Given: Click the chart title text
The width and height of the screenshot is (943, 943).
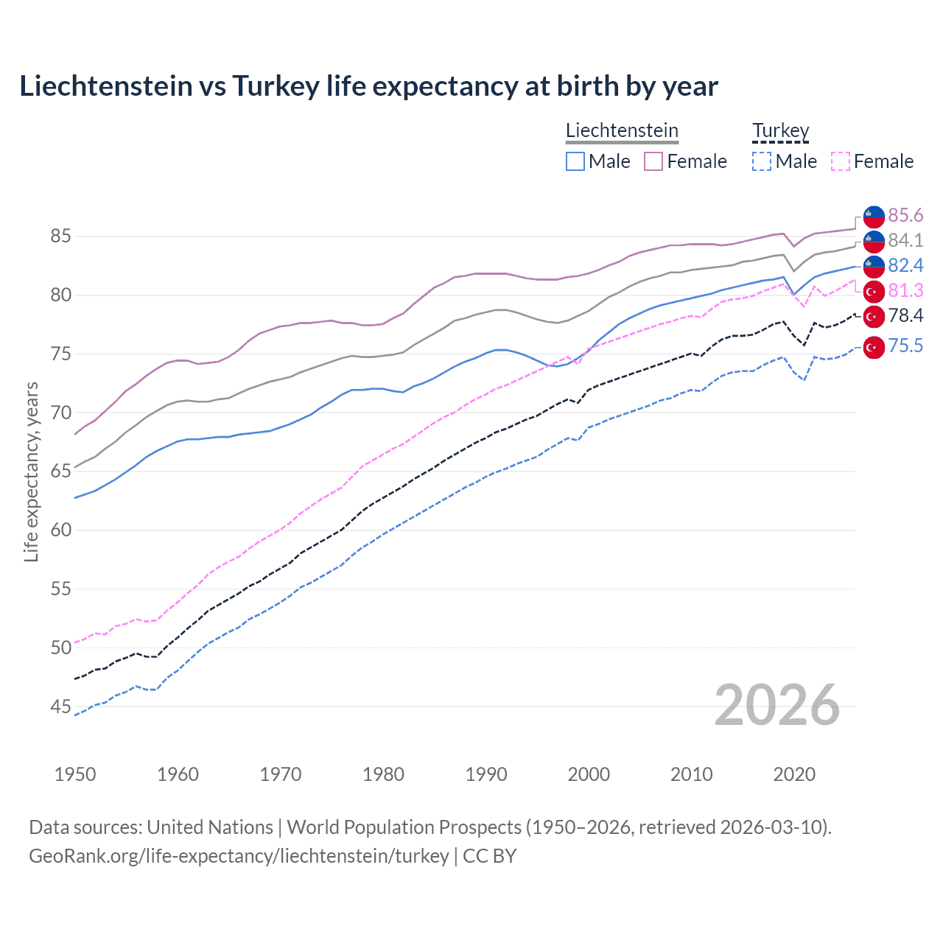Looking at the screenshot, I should coord(368,86).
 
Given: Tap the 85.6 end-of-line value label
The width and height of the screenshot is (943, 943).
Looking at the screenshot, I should coord(905,215).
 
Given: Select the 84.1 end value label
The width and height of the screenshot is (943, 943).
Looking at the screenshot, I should coord(905,240).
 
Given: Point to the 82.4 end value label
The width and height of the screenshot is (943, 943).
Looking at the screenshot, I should coord(905,265).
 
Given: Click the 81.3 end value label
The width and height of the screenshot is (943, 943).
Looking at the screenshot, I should coord(905,290).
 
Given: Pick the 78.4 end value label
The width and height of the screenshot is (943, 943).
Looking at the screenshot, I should coord(905,315).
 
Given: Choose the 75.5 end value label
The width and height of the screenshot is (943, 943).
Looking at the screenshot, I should coord(905,345).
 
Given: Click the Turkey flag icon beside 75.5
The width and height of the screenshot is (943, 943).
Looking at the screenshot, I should coord(874,347).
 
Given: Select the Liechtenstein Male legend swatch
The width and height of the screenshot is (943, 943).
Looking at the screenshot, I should coord(575,161).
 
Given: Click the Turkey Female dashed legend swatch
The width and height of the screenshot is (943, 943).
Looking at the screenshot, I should coord(841,161).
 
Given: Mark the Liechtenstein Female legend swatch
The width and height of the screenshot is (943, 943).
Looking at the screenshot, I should coord(653,161).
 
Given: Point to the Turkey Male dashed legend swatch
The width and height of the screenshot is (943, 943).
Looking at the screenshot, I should coord(762,161).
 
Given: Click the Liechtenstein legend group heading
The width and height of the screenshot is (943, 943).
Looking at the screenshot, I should coord(622,130).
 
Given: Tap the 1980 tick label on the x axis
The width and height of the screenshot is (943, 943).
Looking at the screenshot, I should coord(383,774).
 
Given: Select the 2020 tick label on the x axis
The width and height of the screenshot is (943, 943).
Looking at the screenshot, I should coord(794,774).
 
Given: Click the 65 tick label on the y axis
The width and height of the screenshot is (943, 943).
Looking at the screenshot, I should coord(61,471).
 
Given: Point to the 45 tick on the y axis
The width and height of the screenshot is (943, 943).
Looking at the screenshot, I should coord(61,707).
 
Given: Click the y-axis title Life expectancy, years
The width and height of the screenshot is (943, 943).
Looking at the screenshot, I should coord(31,471).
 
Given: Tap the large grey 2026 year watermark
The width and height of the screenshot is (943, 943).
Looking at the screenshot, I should coord(777,705).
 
